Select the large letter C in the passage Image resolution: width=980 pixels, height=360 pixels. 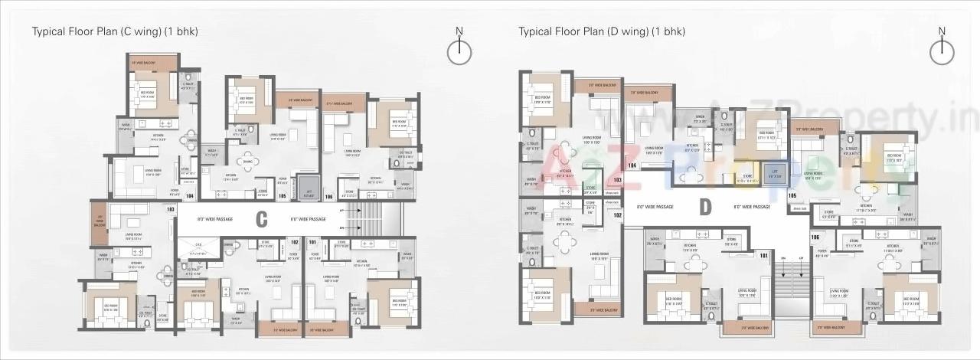(261, 219)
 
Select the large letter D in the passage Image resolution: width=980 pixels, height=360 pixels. (705, 207)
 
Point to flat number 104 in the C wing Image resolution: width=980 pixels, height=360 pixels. (190, 196)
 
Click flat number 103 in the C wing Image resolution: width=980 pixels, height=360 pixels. (171, 209)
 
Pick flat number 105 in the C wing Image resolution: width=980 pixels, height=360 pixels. (283, 196)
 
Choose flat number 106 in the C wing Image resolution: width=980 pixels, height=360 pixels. (329, 196)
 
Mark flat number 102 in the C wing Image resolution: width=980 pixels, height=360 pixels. (293, 242)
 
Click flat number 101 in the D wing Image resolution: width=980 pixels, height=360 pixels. (763, 254)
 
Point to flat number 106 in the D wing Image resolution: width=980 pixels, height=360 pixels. (815, 237)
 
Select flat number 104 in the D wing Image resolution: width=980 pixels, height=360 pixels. (632, 165)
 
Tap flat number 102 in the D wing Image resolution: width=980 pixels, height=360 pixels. (617, 215)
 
